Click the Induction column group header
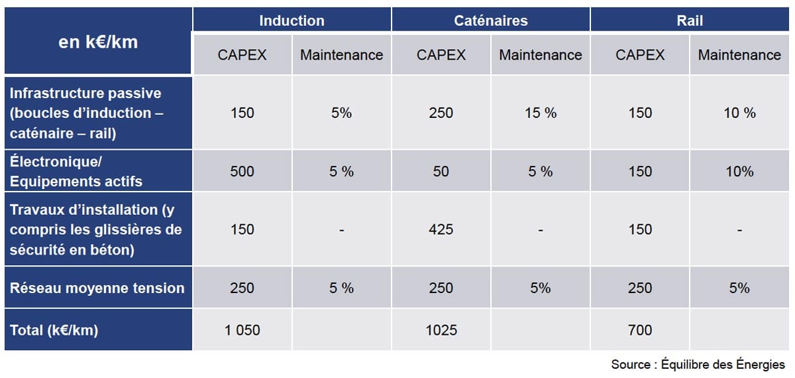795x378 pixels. pyautogui.click(x=291, y=21)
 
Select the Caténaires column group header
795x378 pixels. pyautogui.click(x=490, y=21)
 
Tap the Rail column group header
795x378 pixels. pyautogui.click(x=689, y=21)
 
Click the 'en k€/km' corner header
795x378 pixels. pyautogui.click(x=98, y=42)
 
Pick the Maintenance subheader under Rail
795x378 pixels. pyautogui.click(x=739, y=55)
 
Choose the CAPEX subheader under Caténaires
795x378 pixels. pyautogui.click(x=441, y=55)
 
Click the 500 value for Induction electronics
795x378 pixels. pyautogui.click(x=242, y=171)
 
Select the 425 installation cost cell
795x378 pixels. pyautogui.click(x=441, y=229)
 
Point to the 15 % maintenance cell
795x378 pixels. pyautogui.click(x=541, y=113)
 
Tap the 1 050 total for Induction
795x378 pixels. pyautogui.click(x=242, y=330)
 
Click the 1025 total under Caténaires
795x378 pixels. pyautogui.click(x=441, y=330)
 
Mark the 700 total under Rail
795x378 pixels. pyautogui.click(x=639, y=330)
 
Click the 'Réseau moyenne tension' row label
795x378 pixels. pyautogui.click(x=97, y=288)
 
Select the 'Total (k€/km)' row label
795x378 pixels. pyautogui.click(x=54, y=330)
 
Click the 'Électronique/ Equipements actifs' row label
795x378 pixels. pyautogui.click(x=76, y=172)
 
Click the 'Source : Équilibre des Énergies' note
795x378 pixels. pyautogui.click(x=698, y=364)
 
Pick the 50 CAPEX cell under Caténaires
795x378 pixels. pyautogui.click(x=441, y=171)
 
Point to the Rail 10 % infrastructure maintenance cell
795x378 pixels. pyautogui.click(x=739, y=113)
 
